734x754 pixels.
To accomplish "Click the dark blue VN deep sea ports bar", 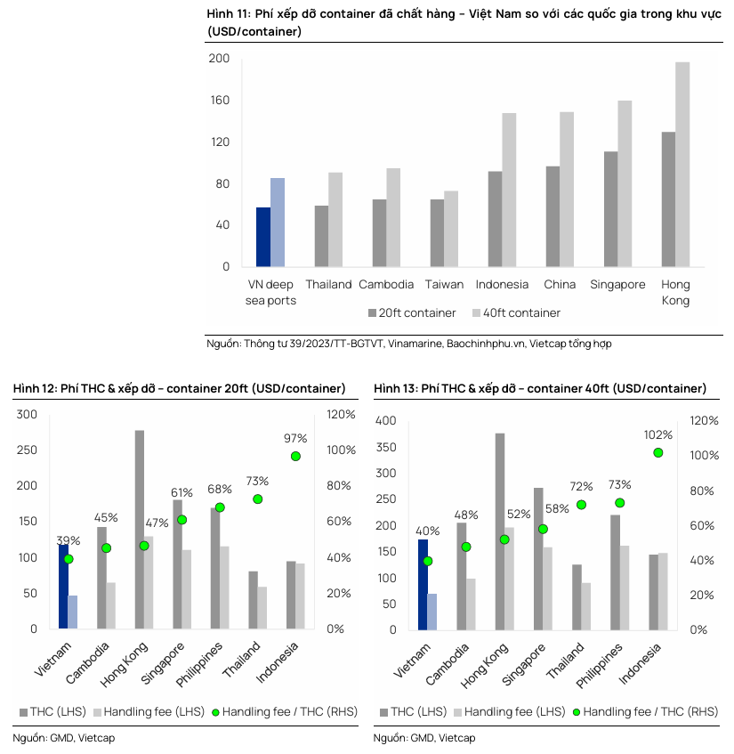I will tap(263, 237).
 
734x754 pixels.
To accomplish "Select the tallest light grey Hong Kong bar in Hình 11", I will tap(682, 164).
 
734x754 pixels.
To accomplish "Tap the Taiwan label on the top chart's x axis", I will tap(444, 285).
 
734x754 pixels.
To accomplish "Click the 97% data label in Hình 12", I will tap(294, 438).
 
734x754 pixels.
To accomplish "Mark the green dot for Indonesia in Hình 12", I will tap(295, 456).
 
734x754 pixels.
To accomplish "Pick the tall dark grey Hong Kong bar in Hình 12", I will tap(140, 529).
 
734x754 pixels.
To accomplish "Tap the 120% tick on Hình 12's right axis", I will tap(342, 415).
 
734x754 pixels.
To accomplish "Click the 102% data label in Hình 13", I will tap(657, 434).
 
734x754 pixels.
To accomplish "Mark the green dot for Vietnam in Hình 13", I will tap(428, 561).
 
